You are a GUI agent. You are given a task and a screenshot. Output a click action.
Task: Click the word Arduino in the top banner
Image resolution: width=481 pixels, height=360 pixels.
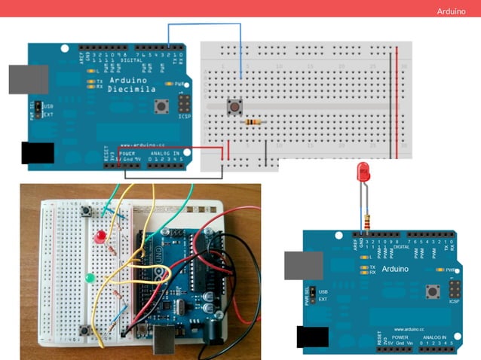tap(452, 12)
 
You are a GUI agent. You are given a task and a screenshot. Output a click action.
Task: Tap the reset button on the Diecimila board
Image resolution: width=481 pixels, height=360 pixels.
tap(161, 107)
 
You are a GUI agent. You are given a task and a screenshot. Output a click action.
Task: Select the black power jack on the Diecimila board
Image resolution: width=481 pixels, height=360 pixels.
tap(37, 152)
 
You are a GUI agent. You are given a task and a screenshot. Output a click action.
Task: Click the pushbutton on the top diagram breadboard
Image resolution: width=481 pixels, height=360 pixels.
tap(236, 108)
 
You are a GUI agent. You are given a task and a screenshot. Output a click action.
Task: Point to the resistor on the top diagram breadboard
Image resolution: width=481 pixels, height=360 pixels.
tap(256, 121)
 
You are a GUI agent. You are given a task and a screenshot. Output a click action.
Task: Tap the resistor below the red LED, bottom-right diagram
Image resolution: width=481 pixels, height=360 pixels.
tap(367, 221)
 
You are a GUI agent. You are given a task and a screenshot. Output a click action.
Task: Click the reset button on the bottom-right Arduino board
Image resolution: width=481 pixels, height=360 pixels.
tap(434, 292)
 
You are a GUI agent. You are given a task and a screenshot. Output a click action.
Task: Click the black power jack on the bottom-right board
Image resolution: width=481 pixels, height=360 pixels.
tap(312, 340)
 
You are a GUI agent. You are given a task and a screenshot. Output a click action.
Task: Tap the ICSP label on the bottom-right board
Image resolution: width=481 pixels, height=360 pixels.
tap(454, 302)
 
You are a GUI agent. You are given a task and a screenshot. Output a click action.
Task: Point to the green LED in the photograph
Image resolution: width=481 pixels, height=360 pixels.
tap(90, 279)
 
